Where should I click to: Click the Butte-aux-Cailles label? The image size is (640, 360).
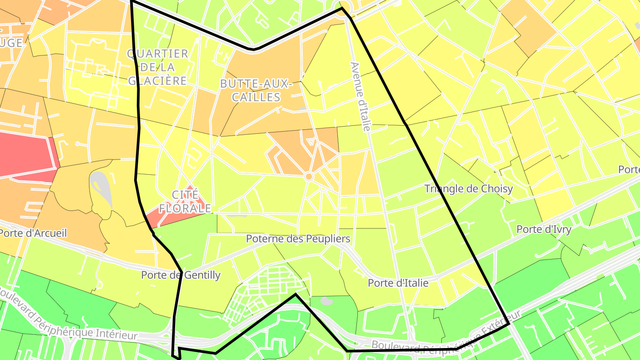(256, 90)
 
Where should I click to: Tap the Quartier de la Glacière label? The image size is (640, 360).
(157, 67)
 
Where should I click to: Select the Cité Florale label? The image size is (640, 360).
(185, 201)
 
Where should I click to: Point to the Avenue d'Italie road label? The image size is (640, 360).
(360, 96)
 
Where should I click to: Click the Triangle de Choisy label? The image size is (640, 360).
(468, 188)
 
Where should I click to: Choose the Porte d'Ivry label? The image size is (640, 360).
(544, 229)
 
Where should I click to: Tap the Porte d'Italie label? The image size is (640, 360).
(398, 283)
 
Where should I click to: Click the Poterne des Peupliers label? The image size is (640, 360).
(298, 239)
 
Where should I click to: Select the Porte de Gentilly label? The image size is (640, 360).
(180, 275)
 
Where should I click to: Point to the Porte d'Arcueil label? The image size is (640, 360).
(33, 233)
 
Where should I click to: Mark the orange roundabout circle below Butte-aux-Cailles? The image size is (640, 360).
(309, 176)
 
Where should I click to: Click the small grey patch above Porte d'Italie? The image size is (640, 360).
(327, 301)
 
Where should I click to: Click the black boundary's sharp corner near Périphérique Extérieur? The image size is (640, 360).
(509, 324)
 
